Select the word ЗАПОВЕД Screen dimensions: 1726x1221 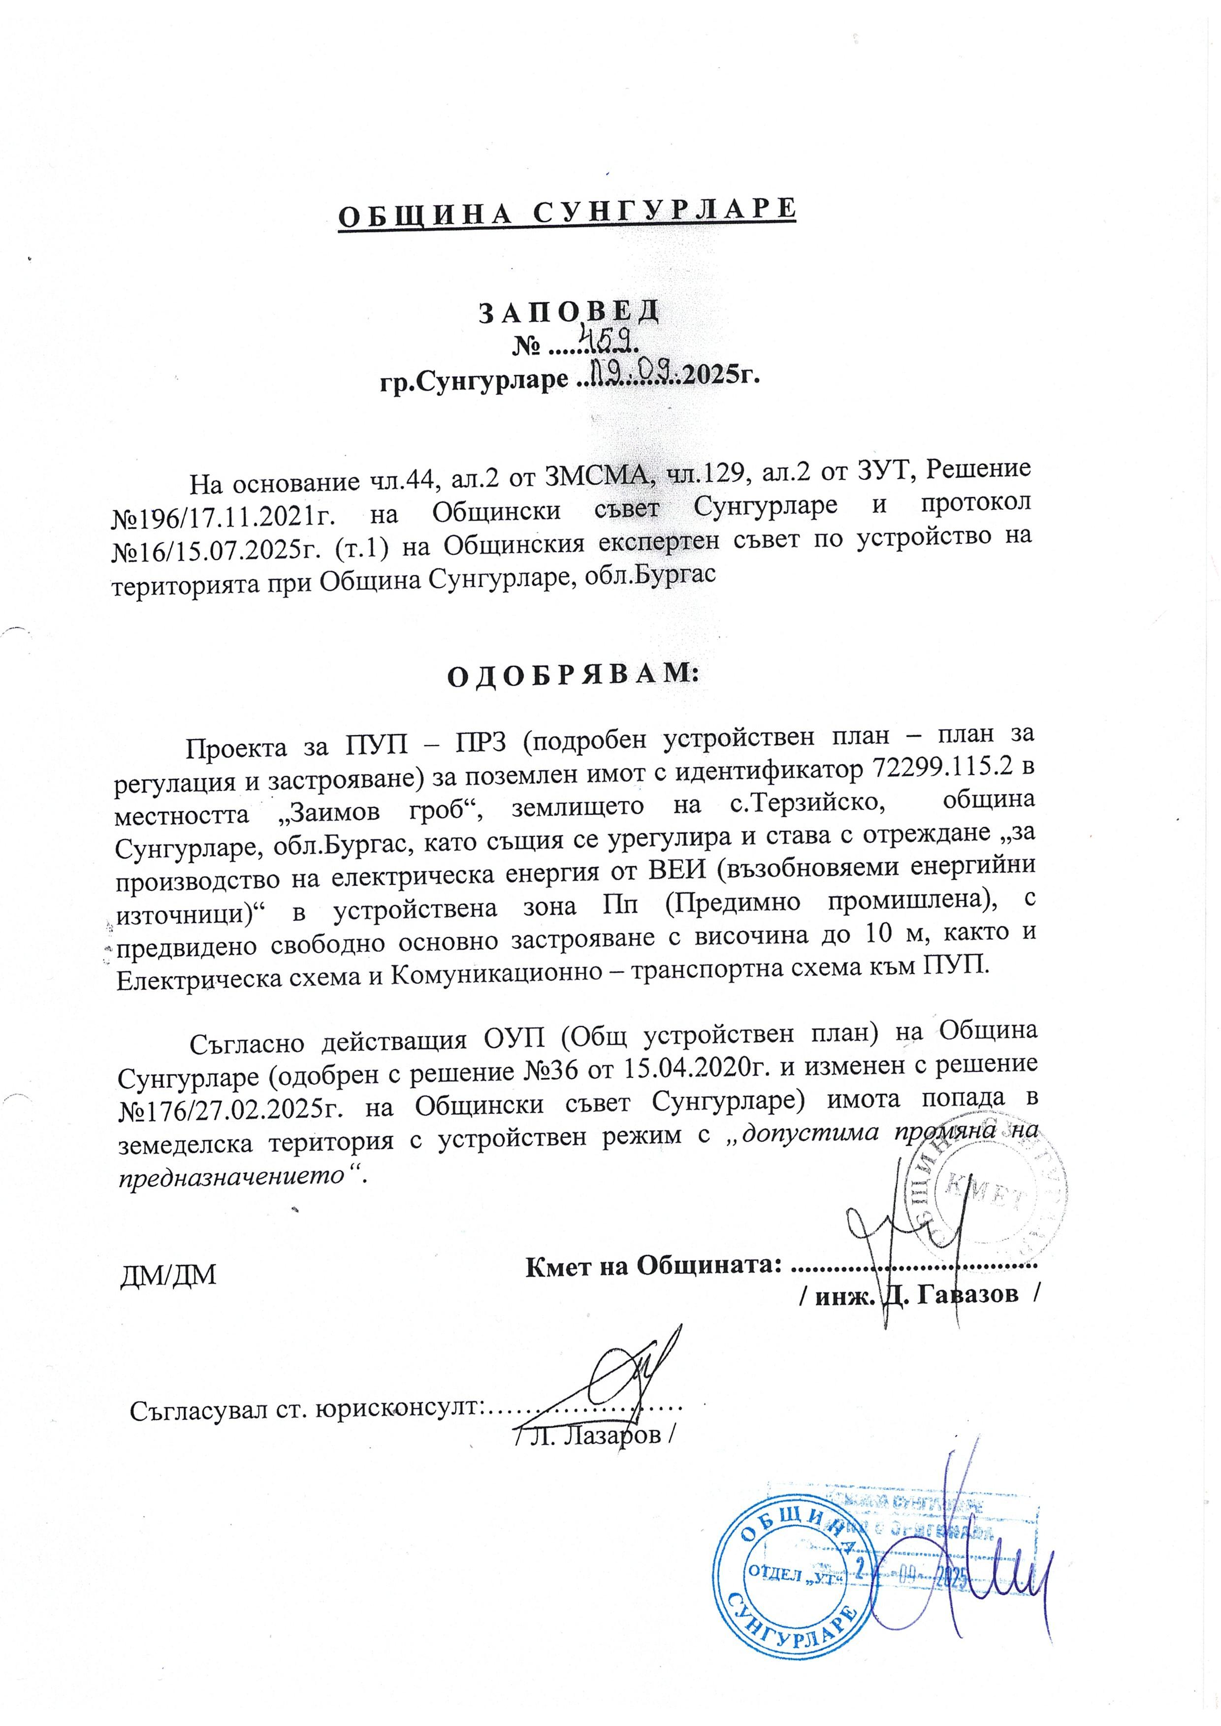569,311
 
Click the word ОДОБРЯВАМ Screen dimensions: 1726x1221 573,674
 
